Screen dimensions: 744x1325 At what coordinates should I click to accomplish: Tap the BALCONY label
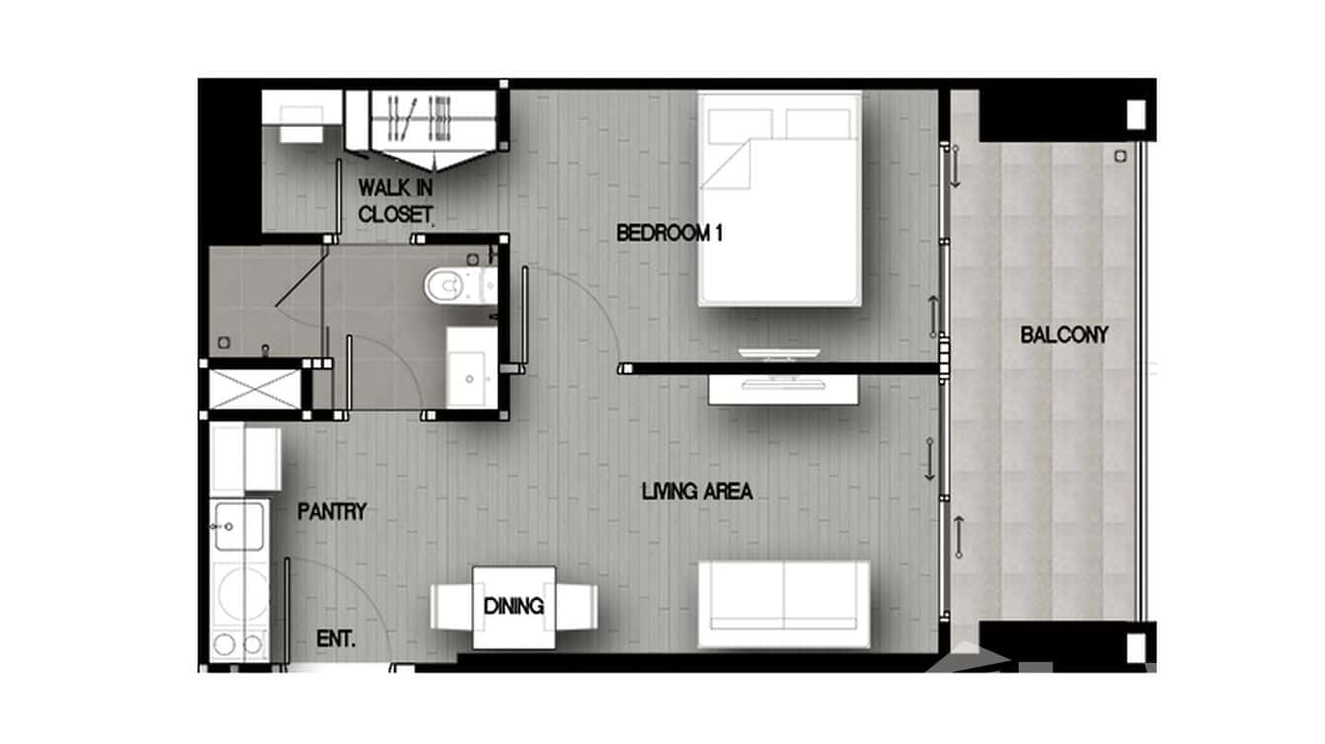(1063, 335)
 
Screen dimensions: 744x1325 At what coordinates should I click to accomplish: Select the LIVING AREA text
(696, 490)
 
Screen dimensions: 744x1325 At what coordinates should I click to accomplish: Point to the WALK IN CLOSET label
(395, 199)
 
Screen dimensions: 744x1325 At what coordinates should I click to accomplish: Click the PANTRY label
(332, 511)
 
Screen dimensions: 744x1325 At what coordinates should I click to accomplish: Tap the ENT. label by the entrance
(336, 638)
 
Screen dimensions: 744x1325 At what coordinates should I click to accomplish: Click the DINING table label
(513, 606)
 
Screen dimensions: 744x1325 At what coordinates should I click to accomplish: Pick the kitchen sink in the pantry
(238, 526)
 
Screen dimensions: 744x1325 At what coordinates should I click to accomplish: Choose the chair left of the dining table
(450, 606)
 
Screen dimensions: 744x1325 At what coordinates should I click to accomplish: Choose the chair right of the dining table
(578, 606)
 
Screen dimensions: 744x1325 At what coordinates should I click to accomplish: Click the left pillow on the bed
(739, 123)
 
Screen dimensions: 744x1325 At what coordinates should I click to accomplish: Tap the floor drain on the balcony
(1120, 156)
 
